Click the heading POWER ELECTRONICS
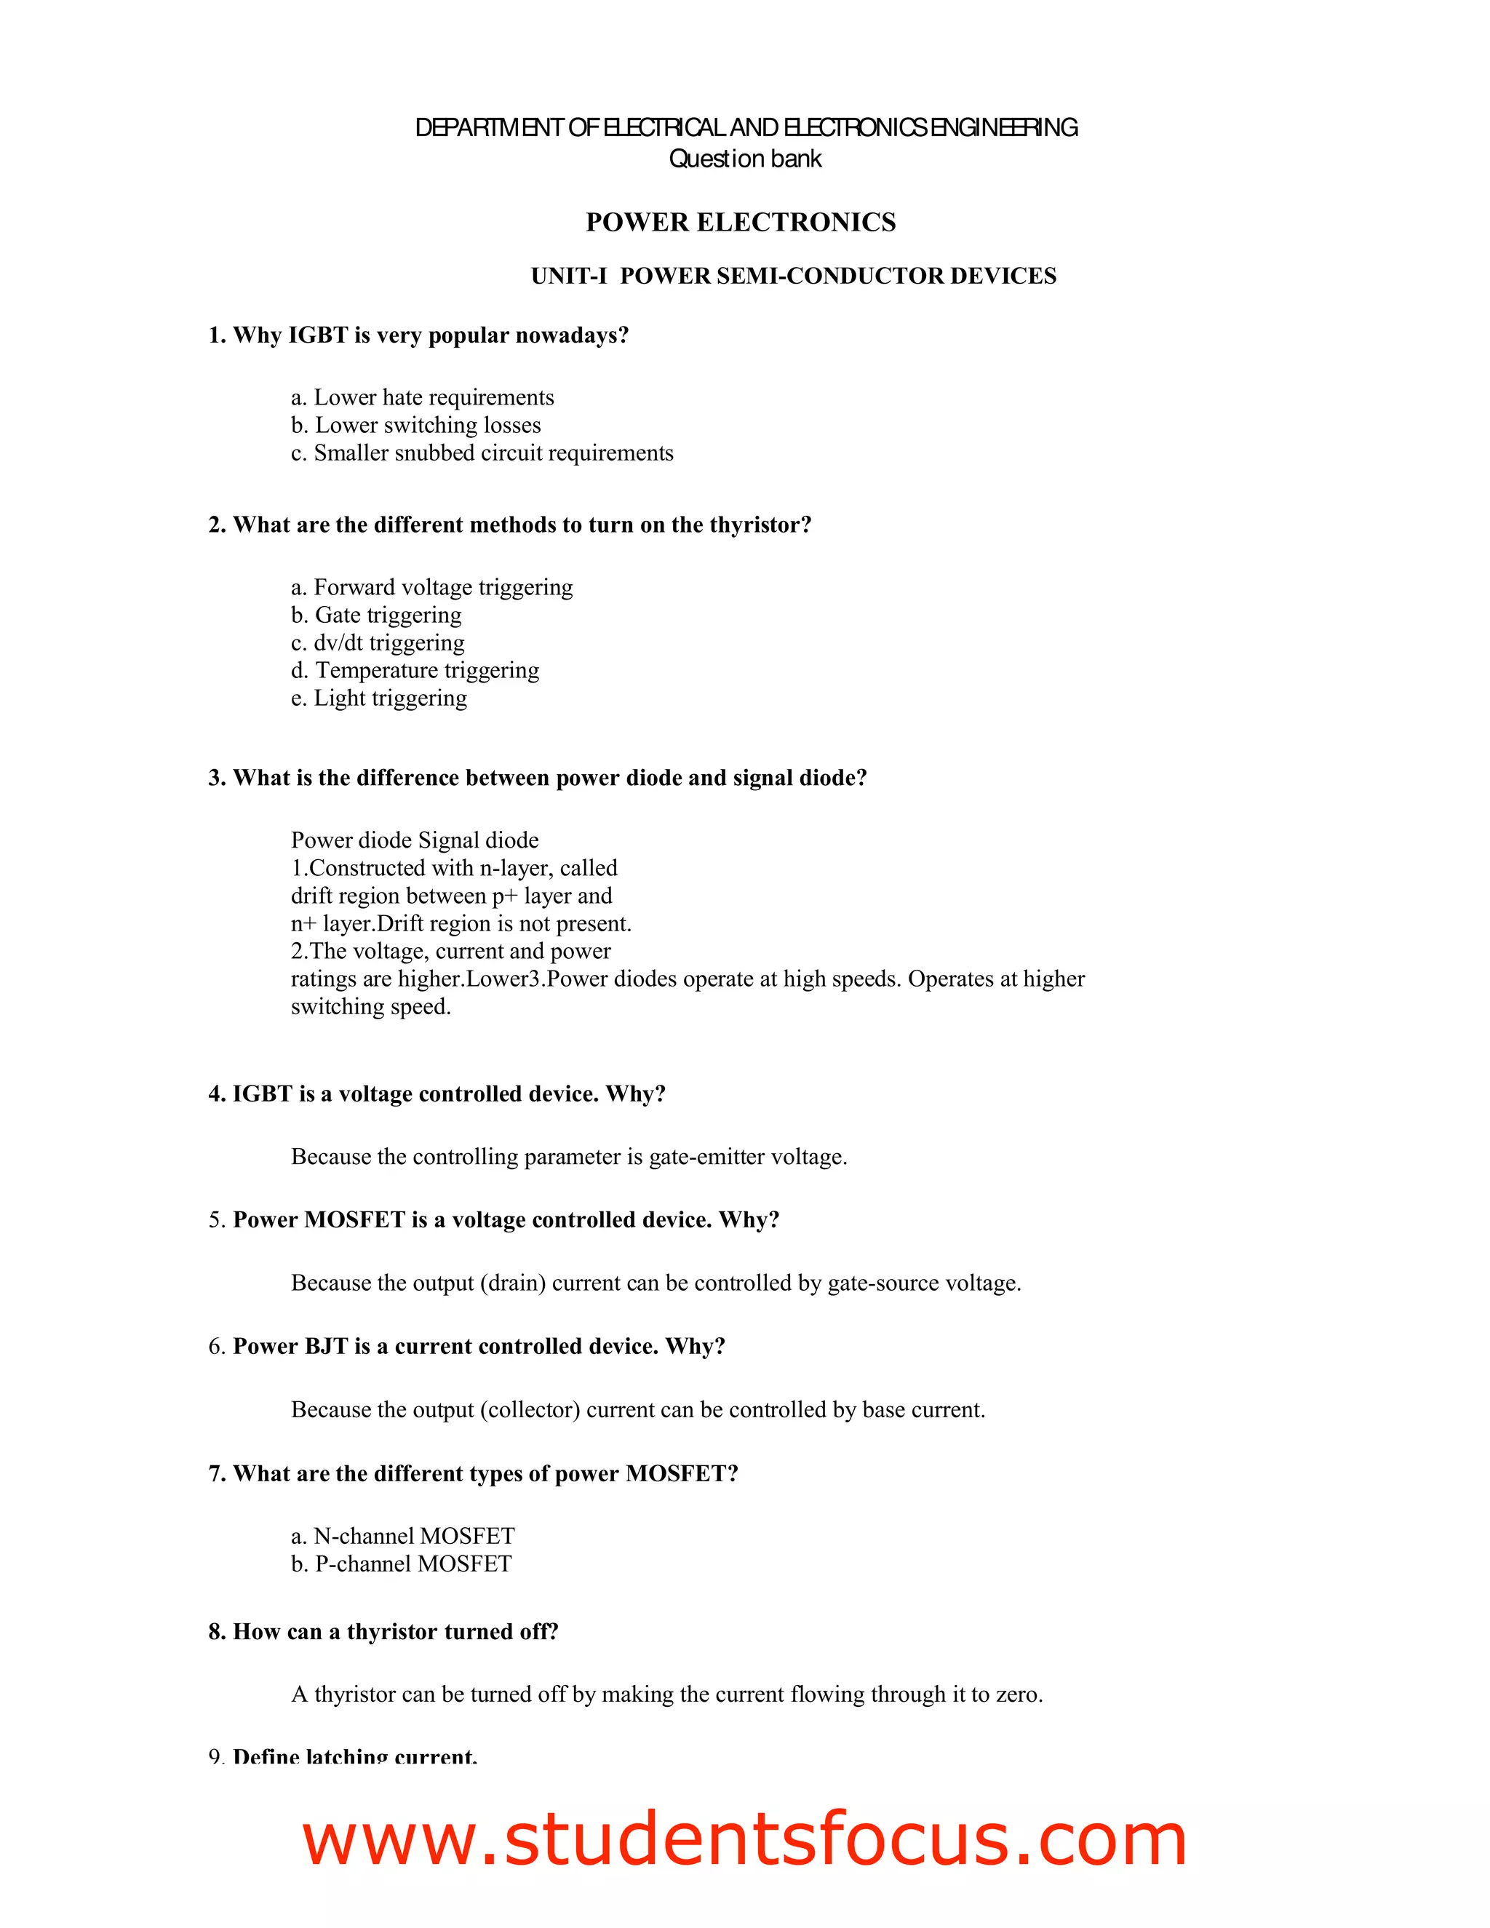click(741, 222)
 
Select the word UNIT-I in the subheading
click(568, 276)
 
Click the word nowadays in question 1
click(571, 335)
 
